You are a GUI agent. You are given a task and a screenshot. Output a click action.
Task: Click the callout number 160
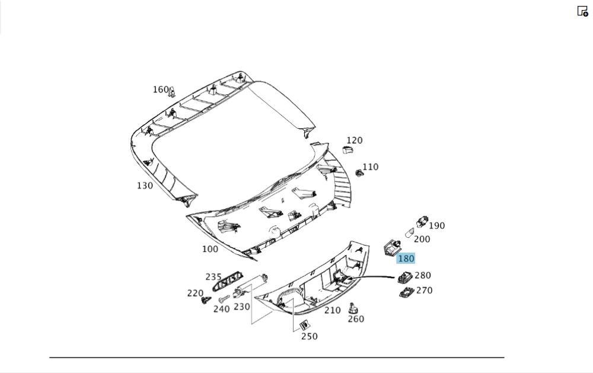(x=161, y=90)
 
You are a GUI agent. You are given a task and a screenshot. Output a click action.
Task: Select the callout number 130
(x=145, y=186)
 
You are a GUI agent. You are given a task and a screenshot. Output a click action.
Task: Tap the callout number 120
(x=354, y=141)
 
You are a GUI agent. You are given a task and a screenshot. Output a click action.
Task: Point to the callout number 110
(x=370, y=167)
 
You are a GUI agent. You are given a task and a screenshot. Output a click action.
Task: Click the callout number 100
(x=210, y=249)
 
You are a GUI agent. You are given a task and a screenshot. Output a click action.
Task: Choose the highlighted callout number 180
(x=406, y=259)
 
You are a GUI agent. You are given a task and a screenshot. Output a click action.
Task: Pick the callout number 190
(x=436, y=226)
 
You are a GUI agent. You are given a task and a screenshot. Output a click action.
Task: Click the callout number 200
(x=422, y=240)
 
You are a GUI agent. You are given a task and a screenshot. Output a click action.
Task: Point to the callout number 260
(x=356, y=320)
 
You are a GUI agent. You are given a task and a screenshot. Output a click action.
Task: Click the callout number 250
(x=309, y=337)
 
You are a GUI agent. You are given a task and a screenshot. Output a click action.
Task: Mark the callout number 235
(x=213, y=277)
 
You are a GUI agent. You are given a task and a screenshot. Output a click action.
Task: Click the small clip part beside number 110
(x=358, y=173)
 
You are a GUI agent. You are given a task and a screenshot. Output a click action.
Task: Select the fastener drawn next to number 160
(x=173, y=91)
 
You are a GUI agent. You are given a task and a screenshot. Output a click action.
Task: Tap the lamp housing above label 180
(x=391, y=247)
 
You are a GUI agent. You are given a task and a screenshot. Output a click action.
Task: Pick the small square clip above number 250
(x=304, y=324)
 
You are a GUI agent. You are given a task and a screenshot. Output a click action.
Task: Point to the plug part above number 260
(x=353, y=308)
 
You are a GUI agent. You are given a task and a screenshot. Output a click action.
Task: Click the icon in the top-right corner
(x=582, y=11)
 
